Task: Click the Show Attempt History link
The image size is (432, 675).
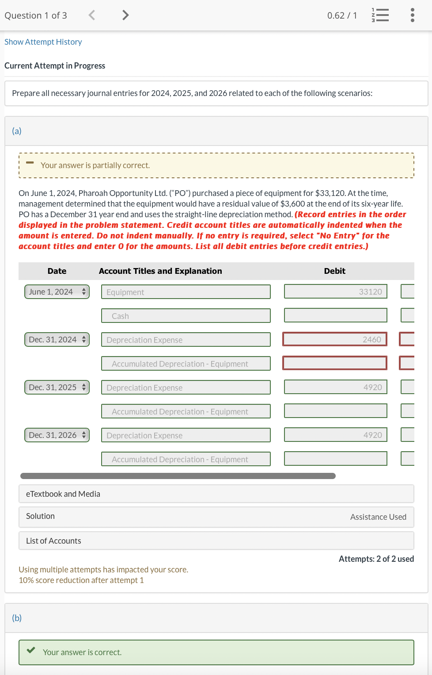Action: [43, 42]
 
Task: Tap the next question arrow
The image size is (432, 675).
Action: [125, 15]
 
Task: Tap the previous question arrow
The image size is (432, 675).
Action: [92, 15]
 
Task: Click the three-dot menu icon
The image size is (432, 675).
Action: [412, 15]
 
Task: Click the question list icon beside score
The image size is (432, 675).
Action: [380, 15]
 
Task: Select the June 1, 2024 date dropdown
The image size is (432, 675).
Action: [57, 292]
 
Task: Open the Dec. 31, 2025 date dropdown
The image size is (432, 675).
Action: [57, 387]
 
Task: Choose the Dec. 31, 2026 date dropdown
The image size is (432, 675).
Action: [57, 435]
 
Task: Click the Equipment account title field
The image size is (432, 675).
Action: [186, 292]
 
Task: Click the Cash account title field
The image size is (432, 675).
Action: [186, 316]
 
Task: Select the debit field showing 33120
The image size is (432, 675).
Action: [335, 292]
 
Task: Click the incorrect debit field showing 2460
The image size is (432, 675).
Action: [335, 340]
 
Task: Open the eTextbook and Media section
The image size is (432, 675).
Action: [216, 494]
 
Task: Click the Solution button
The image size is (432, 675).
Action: [41, 516]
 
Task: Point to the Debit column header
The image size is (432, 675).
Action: [334, 271]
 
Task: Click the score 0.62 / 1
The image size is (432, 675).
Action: [342, 15]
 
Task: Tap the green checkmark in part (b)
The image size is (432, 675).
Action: [31, 651]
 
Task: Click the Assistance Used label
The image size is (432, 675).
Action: [378, 517]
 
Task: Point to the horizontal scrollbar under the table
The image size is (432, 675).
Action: [178, 476]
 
